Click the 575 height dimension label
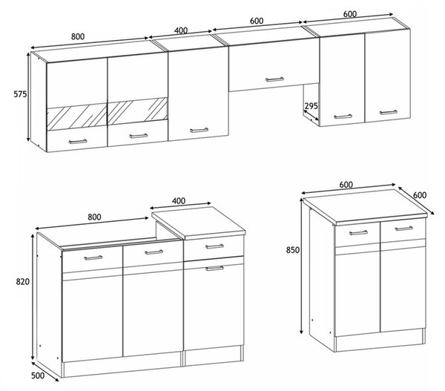click(20, 94)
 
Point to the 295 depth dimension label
click(311, 106)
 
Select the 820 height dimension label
click(23, 282)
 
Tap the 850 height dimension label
click(293, 250)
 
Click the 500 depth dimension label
click(38, 375)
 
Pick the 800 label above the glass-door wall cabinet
click(78, 36)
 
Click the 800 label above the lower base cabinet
click(94, 217)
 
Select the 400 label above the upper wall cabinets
click(181, 30)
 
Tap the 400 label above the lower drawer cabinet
click(179, 201)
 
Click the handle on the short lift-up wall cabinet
click(274, 79)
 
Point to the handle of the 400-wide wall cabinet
click(199, 131)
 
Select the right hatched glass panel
click(138, 111)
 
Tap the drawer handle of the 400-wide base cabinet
click(214, 246)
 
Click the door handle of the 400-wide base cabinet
click(214, 268)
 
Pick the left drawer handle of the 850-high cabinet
click(358, 233)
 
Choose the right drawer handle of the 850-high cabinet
click(404, 229)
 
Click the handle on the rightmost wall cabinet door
click(389, 113)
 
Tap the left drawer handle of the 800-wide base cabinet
click(93, 258)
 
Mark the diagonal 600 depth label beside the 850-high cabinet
click(420, 195)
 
